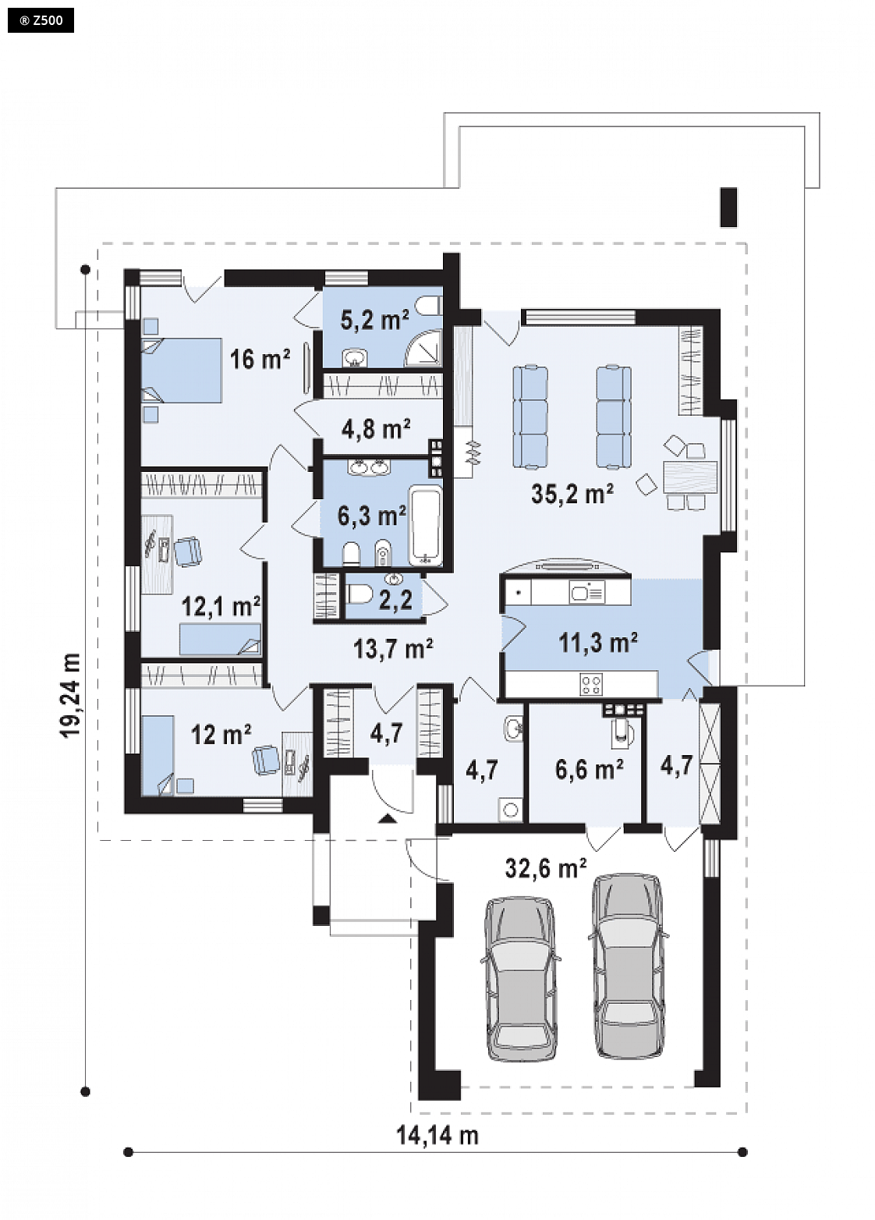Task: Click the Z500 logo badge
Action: [x=41, y=21]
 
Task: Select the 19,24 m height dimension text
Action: [x=70, y=694]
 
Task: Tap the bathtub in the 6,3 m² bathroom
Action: [x=426, y=526]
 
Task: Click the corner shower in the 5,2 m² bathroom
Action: [x=423, y=347]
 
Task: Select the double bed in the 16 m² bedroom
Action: [x=182, y=371]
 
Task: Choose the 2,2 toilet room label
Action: [x=395, y=600]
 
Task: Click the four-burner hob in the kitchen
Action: [x=591, y=685]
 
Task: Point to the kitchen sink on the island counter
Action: [x=587, y=591]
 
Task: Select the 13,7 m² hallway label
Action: [x=392, y=648]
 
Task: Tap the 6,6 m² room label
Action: [x=589, y=770]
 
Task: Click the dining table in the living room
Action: [x=690, y=477]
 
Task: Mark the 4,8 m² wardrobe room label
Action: [x=376, y=429]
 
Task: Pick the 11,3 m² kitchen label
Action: [x=598, y=643]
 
